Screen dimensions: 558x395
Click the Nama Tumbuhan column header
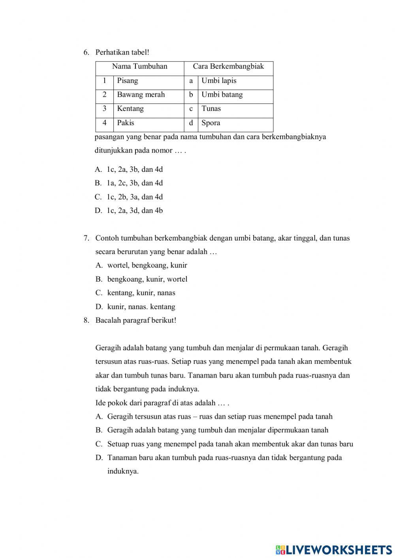click(139, 66)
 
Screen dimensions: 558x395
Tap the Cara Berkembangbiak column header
click(228, 66)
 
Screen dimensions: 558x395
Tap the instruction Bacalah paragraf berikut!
click(135, 320)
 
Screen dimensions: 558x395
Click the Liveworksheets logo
click(334, 549)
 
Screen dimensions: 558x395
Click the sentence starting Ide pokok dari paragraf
click(162, 403)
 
